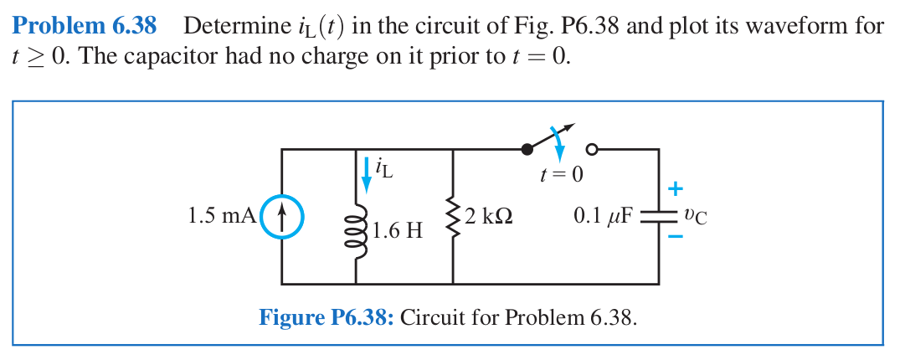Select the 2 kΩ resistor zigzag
453,217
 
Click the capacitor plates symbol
658,217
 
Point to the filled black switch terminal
527,150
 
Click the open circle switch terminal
592,150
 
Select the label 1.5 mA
221,216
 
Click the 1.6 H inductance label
399,229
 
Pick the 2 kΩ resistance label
488,216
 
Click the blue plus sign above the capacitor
675,188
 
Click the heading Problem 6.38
85,26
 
